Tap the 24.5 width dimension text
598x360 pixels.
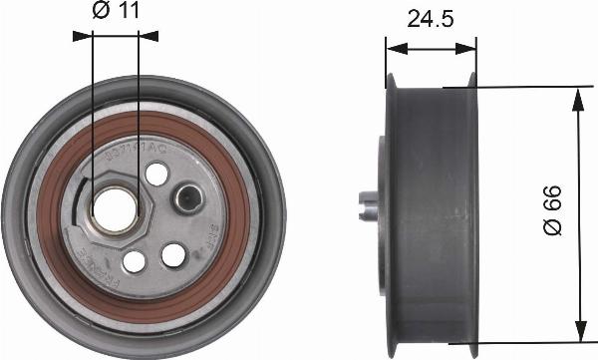(430, 19)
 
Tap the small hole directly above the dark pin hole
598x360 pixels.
(155, 175)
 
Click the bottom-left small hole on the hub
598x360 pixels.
(133, 261)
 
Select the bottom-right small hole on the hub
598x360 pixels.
(173, 255)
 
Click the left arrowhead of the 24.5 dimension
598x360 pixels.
(393, 46)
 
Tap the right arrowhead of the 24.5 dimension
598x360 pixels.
(469, 46)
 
